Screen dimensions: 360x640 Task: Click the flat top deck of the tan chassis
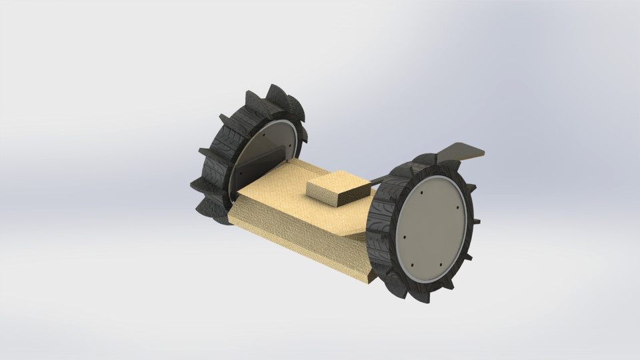[x=293, y=200]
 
